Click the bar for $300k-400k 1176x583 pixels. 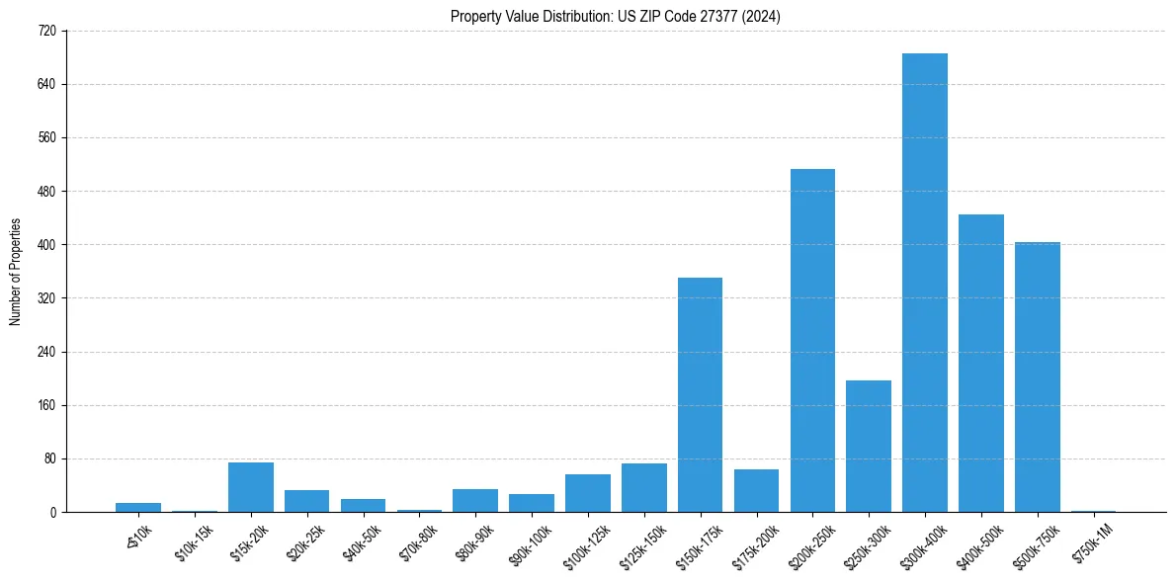click(x=925, y=283)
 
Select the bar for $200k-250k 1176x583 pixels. click(x=812, y=341)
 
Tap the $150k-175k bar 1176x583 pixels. click(x=700, y=395)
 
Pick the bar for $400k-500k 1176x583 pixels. click(x=981, y=364)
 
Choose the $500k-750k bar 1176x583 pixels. click(x=1038, y=377)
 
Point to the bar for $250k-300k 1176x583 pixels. click(x=869, y=447)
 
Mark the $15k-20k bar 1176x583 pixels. click(x=251, y=487)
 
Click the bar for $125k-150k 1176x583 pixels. click(x=644, y=488)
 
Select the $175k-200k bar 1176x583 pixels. click(x=756, y=491)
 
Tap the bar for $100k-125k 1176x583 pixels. click(x=588, y=493)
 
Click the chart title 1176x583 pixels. click(x=616, y=17)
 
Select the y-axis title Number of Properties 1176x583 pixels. click(x=15, y=272)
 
